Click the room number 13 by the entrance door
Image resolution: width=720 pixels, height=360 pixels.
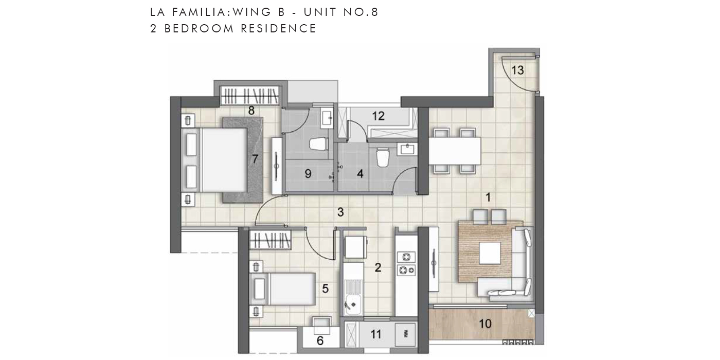(517, 70)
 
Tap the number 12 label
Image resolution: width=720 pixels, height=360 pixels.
(379, 116)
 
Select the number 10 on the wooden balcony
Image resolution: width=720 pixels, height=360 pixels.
(485, 323)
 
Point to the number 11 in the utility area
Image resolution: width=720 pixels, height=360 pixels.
(376, 335)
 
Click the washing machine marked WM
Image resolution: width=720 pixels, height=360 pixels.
(405, 334)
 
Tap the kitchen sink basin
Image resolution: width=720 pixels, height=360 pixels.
(353, 304)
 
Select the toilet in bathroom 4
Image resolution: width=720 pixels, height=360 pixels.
(383, 157)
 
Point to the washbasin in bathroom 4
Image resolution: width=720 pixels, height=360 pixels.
(407, 150)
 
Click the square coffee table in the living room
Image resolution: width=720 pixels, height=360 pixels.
(490, 253)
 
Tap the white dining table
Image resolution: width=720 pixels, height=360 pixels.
(455, 151)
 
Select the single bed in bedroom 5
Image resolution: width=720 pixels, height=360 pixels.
(282, 289)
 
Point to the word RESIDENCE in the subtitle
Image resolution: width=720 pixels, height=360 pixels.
(279, 29)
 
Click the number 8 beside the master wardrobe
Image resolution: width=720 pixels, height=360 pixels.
(251, 111)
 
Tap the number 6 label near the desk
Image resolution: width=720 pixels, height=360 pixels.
(320, 341)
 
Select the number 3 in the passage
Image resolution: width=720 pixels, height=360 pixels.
(340, 212)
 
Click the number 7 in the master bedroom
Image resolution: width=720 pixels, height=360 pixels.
(255, 159)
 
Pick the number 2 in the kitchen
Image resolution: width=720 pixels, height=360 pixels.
(378, 267)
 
